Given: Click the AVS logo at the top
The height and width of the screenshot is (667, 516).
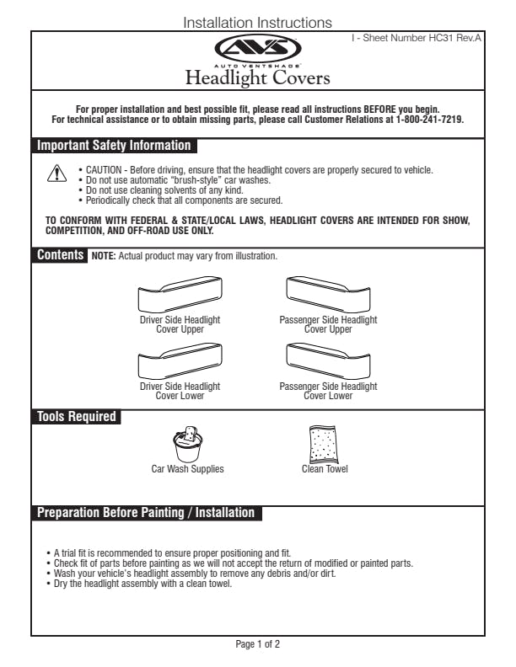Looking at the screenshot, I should tap(258, 49).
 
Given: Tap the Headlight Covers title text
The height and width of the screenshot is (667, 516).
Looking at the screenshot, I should tap(258, 79).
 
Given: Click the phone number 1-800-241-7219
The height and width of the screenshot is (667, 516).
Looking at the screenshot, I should tap(430, 120).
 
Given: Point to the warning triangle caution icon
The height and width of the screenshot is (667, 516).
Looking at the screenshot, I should tap(55, 174).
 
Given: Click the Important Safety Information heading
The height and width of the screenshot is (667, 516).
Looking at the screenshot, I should tap(113, 146).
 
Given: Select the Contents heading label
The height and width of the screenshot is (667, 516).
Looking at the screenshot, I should tap(60, 254).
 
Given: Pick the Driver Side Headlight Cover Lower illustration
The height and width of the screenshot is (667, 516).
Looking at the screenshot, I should tap(180, 363).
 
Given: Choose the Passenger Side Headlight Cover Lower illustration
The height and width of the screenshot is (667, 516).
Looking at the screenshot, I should tap(328, 363).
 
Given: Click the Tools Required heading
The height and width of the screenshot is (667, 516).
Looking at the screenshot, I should tap(76, 416).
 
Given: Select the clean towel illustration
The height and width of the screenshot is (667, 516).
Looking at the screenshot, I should tap(323, 444).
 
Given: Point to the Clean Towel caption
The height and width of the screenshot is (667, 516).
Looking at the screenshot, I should tap(325, 469).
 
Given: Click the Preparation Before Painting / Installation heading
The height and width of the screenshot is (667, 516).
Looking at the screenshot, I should tap(145, 512).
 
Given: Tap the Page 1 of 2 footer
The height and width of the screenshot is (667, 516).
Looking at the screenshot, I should tap(258, 644).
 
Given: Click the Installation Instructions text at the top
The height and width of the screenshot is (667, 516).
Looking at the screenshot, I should tap(257, 23).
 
